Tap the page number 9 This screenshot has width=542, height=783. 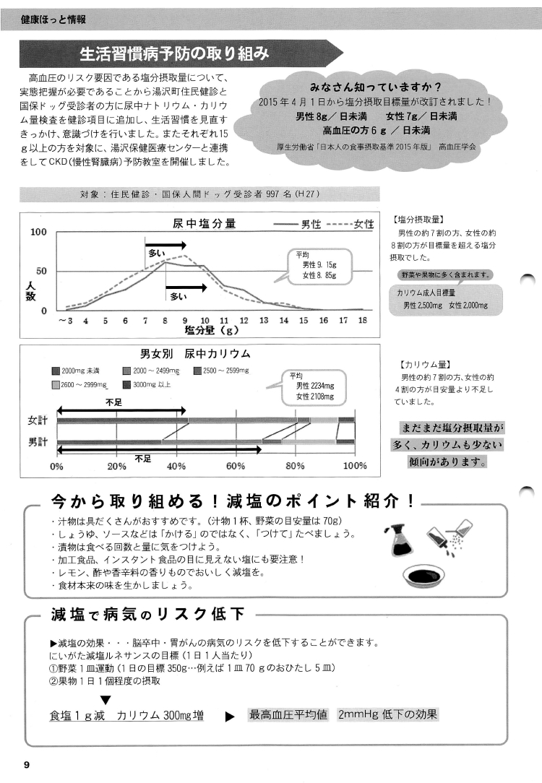coord(26,765)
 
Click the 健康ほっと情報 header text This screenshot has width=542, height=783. coord(54,19)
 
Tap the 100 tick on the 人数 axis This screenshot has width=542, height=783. coord(38,233)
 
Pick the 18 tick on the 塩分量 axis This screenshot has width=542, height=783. coord(363,320)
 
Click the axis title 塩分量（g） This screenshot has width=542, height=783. coord(212,331)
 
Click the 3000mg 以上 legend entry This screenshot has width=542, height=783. coord(151,384)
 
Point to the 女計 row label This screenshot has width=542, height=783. coord(38,420)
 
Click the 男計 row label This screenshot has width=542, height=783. coord(38,441)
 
